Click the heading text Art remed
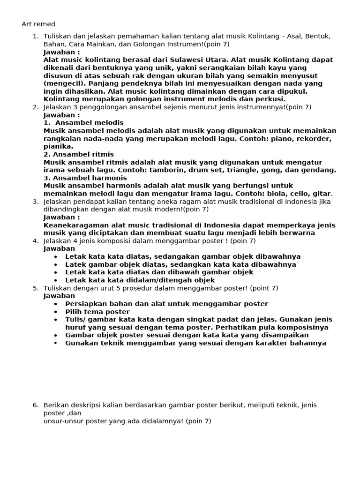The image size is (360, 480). point(38,24)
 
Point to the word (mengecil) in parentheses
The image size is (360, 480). point(63,83)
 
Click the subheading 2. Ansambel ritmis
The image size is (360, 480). point(79,154)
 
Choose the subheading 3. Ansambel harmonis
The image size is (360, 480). point(85,178)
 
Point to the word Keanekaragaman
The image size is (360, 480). point(77,225)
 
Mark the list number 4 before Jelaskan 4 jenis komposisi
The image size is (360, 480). point(35,240)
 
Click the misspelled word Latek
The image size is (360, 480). point(76,264)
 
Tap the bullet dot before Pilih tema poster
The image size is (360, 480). point(56,312)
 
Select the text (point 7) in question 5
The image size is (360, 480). point(264,288)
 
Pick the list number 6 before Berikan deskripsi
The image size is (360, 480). point(35,405)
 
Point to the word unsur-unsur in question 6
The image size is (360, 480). point(63,421)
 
